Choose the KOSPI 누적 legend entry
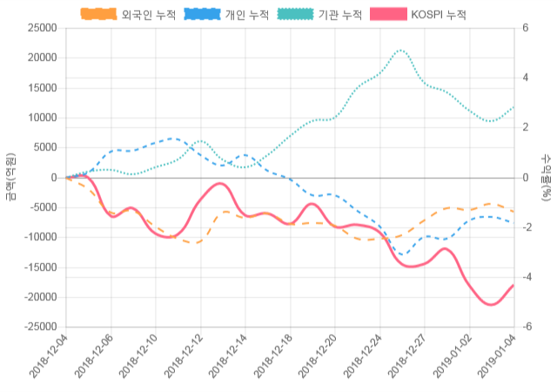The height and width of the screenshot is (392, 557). [x=418, y=15]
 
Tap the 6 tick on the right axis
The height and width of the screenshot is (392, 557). [x=525, y=28]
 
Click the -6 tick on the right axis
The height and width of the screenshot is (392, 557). [x=527, y=327]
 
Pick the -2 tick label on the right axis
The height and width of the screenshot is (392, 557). [x=527, y=227]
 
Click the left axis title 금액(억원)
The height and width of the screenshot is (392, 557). [x=10, y=177]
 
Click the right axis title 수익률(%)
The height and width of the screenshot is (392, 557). [x=547, y=177]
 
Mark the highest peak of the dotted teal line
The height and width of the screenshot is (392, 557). [x=401, y=51]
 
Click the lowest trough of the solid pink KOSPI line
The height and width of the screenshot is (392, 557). [x=492, y=305]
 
